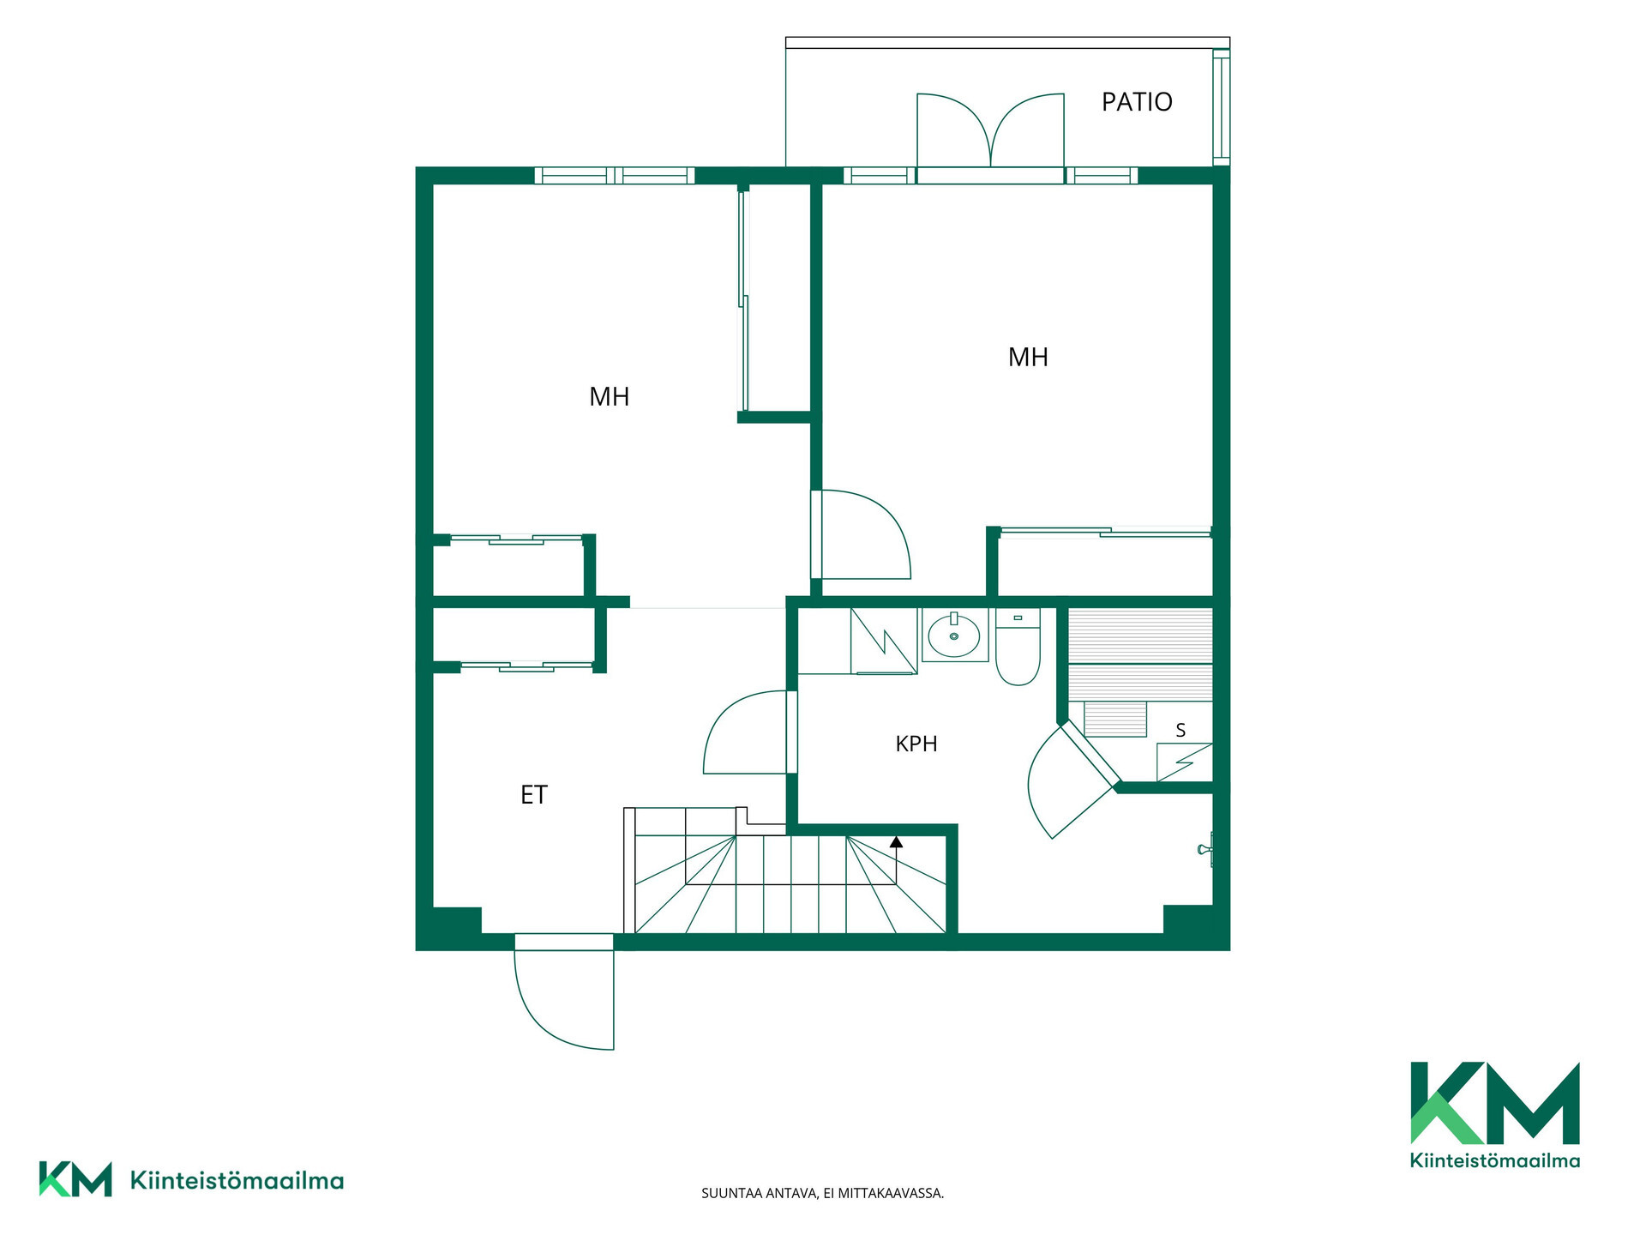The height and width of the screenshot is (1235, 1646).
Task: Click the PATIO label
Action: click(1137, 102)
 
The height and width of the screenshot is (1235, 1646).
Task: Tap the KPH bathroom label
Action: click(916, 744)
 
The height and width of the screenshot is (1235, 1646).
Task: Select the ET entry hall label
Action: click(533, 795)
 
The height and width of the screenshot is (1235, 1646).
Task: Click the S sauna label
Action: click(1180, 730)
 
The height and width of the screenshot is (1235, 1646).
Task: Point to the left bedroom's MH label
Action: click(610, 396)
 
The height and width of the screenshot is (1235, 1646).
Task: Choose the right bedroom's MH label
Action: click(1028, 357)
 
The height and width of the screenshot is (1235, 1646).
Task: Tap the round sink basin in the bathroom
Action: click(954, 636)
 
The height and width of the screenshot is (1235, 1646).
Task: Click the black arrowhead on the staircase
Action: click(896, 842)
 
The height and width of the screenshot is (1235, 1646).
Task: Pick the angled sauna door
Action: click(1072, 779)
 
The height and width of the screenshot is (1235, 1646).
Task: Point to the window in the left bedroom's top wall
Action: click(615, 176)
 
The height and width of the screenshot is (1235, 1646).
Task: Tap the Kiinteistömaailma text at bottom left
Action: click(237, 1181)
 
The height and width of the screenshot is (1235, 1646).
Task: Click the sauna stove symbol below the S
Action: click(1185, 762)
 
